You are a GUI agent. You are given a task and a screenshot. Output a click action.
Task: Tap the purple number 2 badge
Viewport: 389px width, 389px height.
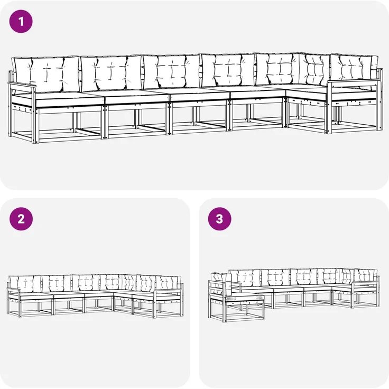[21, 219]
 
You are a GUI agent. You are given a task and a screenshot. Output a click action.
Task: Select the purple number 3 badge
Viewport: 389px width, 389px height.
[219, 219]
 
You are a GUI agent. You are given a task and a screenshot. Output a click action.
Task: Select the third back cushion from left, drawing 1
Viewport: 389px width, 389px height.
[171, 72]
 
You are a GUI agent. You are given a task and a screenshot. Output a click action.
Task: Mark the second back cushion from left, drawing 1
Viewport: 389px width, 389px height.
[111, 72]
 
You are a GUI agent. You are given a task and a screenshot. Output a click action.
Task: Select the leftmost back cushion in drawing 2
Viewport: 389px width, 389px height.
[25, 284]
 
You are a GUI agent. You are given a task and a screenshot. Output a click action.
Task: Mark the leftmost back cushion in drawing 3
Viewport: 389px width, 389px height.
[218, 278]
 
